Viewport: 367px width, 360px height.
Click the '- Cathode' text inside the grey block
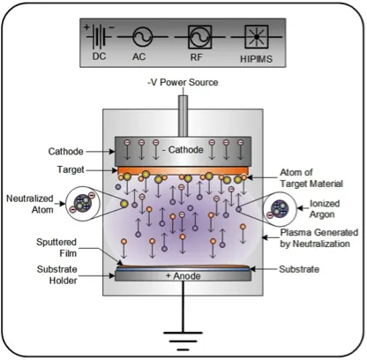(183, 148)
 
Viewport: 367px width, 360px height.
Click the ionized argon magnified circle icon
(281, 209)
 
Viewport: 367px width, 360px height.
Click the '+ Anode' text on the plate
(183, 276)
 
